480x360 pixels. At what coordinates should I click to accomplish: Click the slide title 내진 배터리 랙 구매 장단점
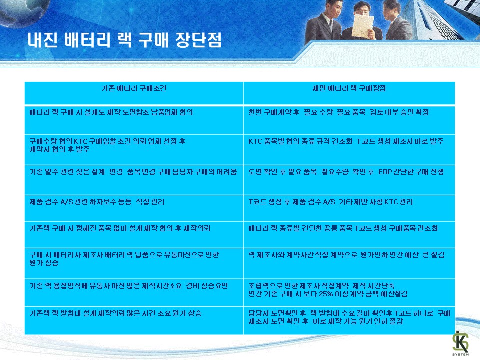(124, 40)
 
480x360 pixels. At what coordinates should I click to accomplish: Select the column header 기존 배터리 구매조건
(134, 89)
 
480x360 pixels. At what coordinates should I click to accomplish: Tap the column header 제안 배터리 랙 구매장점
(349, 89)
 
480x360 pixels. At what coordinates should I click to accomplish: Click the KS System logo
(460, 343)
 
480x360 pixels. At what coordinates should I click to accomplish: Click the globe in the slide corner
(21, 12)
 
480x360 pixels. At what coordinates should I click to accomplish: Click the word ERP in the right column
(385, 172)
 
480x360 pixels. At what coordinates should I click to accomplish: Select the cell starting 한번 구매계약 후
(349, 120)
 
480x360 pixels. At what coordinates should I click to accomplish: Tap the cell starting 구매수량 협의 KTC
(134, 149)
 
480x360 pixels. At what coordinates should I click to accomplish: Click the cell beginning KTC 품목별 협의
(349, 149)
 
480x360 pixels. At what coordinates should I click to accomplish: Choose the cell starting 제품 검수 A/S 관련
(134, 208)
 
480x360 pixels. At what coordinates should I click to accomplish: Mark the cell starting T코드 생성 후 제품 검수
(349, 208)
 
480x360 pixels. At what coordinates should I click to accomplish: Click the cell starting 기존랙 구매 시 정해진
(134, 235)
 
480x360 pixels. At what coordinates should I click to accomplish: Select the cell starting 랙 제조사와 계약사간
(349, 263)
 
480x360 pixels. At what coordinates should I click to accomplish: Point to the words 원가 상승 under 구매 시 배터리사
(44, 263)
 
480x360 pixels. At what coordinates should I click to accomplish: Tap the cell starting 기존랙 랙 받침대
(134, 320)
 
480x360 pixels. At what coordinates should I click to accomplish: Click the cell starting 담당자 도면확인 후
(349, 320)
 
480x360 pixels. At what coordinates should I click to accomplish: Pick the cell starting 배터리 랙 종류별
(349, 235)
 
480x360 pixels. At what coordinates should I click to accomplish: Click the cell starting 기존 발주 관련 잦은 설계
(134, 180)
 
